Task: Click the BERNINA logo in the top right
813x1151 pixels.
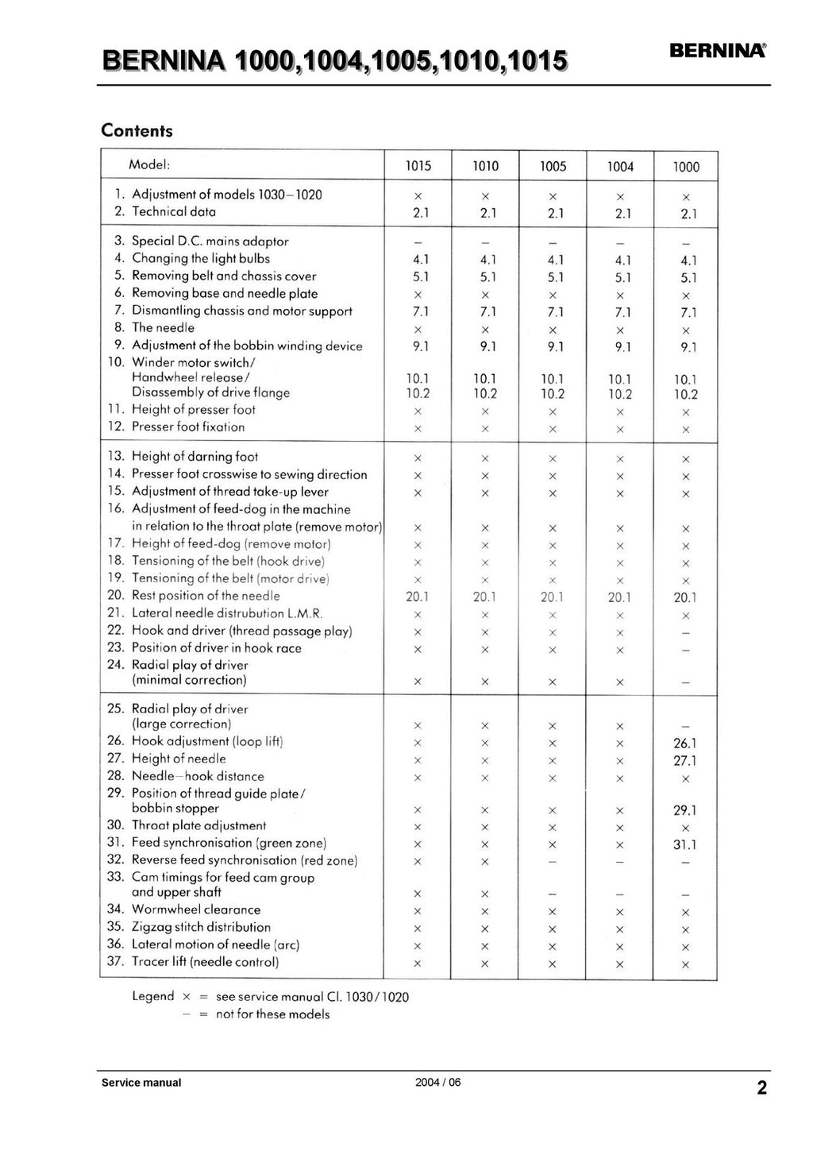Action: (x=718, y=51)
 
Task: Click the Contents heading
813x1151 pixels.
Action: (x=137, y=131)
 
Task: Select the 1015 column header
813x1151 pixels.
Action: (x=418, y=166)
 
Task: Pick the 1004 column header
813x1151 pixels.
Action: (x=620, y=167)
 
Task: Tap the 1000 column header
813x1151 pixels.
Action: (x=686, y=167)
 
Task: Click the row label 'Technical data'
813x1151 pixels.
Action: (x=173, y=211)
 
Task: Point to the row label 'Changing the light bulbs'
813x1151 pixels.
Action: (x=200, y=258)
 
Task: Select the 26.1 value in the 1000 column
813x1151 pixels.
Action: (x=684, y=744)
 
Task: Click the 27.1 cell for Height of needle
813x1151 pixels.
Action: (x=684, y=761)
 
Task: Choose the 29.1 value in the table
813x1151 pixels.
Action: (x=684, y=811)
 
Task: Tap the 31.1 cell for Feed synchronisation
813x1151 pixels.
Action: (x=684, y=845)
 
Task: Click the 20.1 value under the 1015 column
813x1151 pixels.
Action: (x=418, y=597)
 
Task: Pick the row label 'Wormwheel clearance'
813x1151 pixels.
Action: (x=195, y=910)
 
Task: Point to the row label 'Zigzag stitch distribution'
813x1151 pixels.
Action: (x=201, y=927)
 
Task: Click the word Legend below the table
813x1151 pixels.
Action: (x=153, y=996)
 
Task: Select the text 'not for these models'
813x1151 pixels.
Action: (x=272, y=1014)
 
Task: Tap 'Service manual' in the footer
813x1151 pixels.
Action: (x=141, y=1083)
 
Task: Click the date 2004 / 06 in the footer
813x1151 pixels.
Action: (x=437, y=1083)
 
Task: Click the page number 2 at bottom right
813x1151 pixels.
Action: (x=761, y=1088)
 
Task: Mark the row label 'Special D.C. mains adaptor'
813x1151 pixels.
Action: (x=210, y=241)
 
